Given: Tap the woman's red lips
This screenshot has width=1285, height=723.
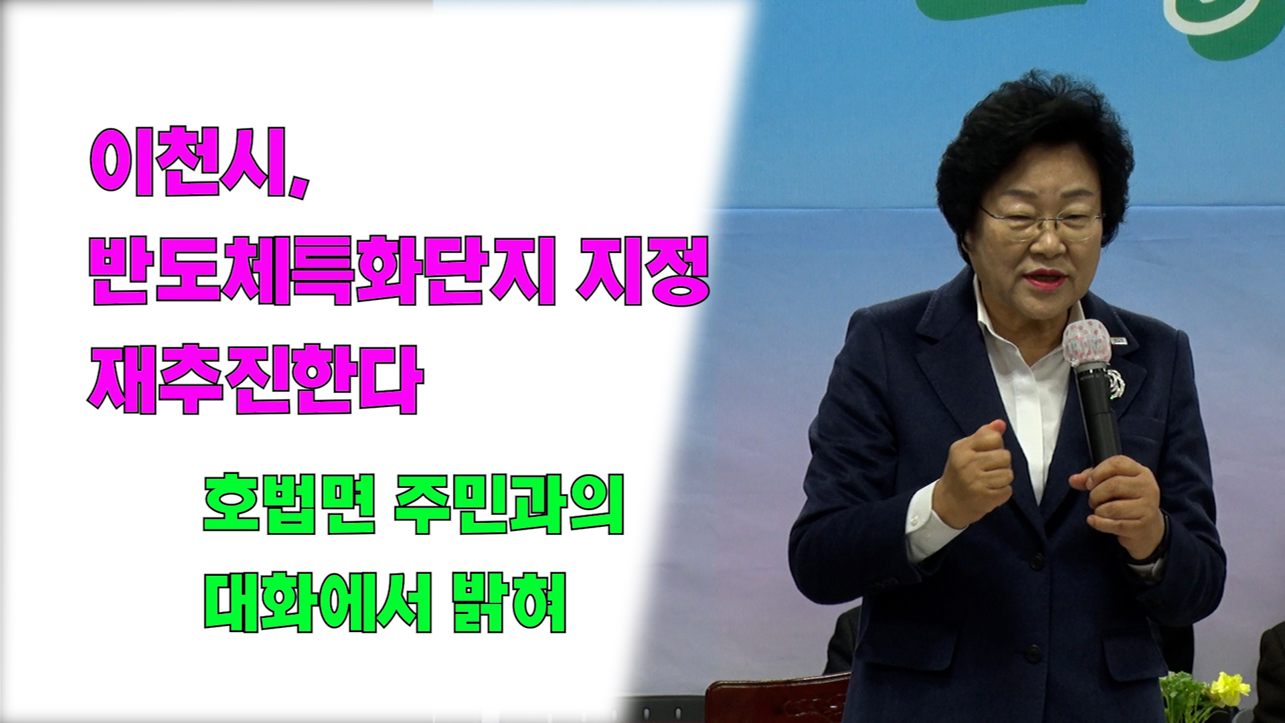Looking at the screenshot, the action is click(1045, 276).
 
